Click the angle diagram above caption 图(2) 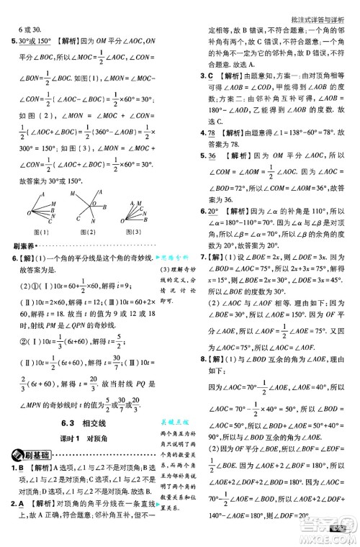click(x=90, y=208)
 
